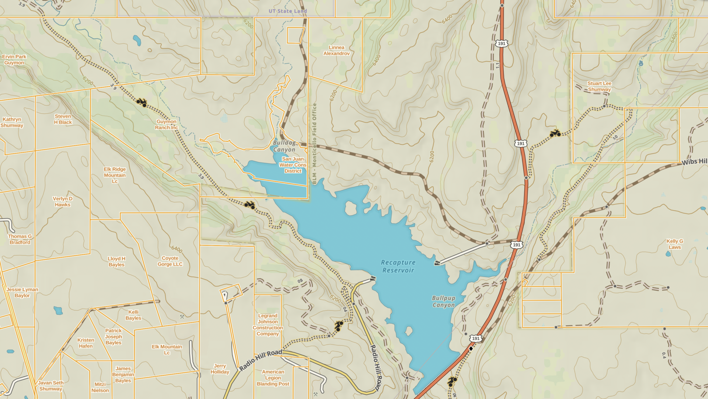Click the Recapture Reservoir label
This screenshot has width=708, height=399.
[398, 266]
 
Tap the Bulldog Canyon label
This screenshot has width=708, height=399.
[284, 146]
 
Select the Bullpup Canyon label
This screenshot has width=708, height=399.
[443, 301]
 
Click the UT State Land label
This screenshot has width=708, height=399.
[288, 11]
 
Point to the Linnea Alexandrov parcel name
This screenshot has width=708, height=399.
[336, 51]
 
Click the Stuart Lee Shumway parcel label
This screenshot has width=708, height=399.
[599, 86]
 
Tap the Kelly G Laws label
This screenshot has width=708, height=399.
[674, 244]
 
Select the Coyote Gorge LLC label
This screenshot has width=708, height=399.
[170, 261]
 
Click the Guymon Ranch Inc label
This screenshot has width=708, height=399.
[166, 125]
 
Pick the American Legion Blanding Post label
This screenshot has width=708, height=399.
[273, 378]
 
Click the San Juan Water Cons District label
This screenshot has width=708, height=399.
[293, 165]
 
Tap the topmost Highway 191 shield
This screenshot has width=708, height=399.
[502, 44]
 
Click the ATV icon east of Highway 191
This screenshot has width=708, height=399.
[555, 133]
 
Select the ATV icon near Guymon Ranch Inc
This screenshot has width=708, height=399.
[141, 102]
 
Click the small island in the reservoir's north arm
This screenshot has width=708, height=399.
[351, 208]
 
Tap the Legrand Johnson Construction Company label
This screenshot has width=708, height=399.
[268, 325]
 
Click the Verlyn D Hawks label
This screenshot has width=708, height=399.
[63, 202]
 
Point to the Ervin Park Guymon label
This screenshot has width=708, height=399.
[14, 60]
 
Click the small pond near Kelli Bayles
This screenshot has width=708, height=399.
[58, 310]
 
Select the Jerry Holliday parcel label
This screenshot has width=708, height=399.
[220, 369]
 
